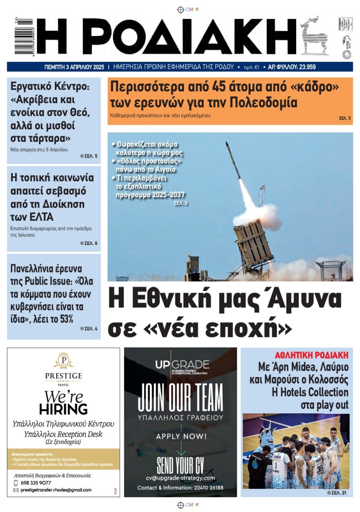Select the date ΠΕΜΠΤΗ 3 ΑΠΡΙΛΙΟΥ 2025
point(74,67)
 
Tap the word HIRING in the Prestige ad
point(63,409)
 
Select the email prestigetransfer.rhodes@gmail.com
point(56,490)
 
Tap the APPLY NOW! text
point(181,436)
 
